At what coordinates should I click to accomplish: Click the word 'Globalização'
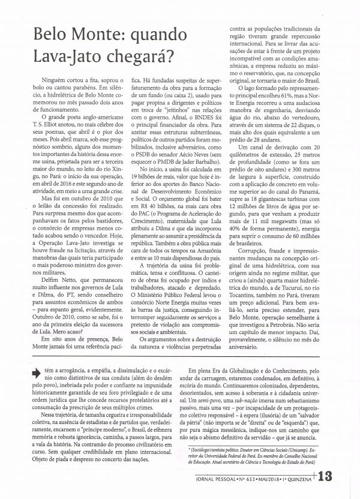tap(244, 372)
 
